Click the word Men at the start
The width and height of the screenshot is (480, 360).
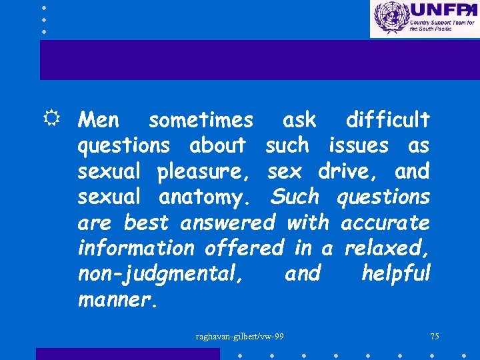[99, 121]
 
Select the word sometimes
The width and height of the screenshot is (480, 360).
[201, 121]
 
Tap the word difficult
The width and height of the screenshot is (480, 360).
[387, 121]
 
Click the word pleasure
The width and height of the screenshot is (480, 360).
[203, 172]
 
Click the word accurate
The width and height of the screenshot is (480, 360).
[385, 222]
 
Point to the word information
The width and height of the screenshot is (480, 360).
[136, 248]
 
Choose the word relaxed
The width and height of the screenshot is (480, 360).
[387, 248]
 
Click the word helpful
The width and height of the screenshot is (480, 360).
[396, 273]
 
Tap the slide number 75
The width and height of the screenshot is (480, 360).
[434, 337]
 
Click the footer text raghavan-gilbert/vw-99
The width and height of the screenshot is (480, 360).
[239, 337]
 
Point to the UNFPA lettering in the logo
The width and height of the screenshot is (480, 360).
[443, 11]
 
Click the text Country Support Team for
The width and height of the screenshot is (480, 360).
[442, 23]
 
